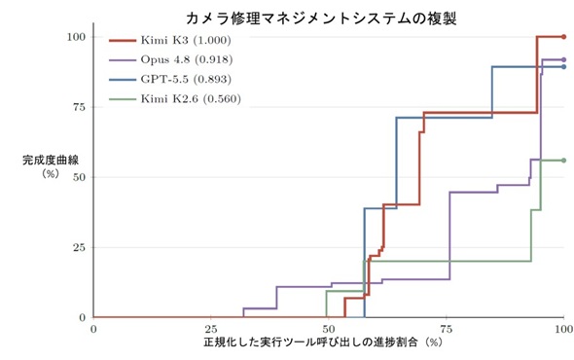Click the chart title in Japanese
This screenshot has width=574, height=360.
coord(321,18)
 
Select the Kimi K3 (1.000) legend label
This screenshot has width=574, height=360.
coord(186,40)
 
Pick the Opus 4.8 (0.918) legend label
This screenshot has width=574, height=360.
coord(187,59)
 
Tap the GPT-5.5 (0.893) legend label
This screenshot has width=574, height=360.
coord(186,79)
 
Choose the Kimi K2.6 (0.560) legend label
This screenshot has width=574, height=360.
coord(191,98)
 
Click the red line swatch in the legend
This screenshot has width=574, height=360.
coord(123,40)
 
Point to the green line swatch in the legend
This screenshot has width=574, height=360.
coord(123,99)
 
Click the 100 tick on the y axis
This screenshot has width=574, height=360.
coord(76,37)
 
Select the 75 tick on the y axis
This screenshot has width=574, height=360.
coord(79,107)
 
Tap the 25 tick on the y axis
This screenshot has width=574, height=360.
coord(79,247)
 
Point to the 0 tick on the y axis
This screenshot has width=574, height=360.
coord(82,317)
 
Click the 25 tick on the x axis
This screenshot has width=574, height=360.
coord(211,329)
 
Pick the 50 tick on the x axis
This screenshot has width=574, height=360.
coord(329,329)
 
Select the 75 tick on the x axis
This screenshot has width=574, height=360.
coord(446,329)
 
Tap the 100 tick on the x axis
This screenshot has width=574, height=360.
coord(563,329)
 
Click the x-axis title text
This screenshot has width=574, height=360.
coord(323,342)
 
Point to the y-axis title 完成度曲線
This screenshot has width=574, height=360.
coord(51,160)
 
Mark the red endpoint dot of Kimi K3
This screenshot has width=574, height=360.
coord(563,37)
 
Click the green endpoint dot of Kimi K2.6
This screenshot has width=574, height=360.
coord(563,161)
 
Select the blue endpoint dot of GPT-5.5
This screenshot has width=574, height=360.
coord(563,67)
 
